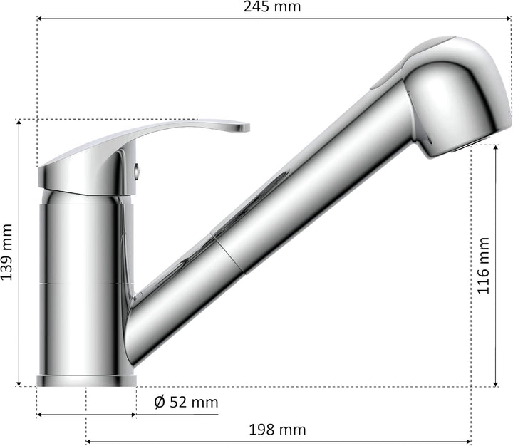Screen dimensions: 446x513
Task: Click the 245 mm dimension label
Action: tap(271, 7)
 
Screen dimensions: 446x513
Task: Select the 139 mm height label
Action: tap(8, 252)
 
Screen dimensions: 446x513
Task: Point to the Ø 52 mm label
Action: tap(186, 403)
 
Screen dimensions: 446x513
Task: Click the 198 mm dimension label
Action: tap(277, 430)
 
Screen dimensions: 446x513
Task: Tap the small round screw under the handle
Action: tap(138, 170)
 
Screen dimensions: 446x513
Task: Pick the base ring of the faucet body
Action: tap(85, 380)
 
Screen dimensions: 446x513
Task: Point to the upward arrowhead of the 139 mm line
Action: tap(19, 123)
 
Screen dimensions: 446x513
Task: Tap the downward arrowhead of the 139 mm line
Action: tap(19, 383)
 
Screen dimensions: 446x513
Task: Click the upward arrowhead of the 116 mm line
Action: tap(496, 149)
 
